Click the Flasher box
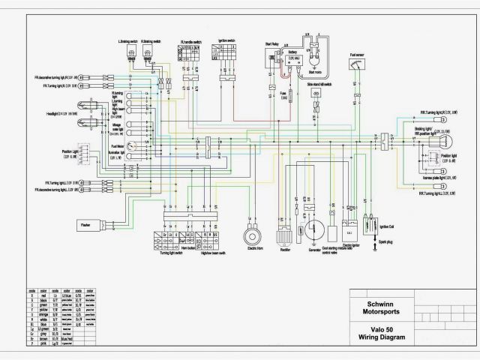pos(88,223)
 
